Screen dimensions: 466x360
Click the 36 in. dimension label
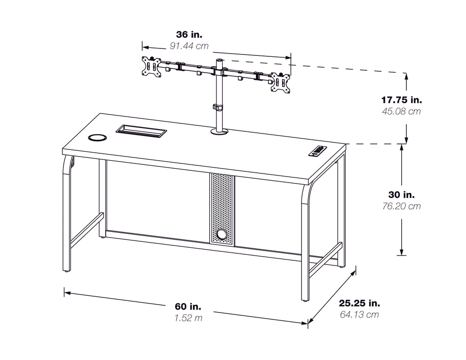tap(189, 34)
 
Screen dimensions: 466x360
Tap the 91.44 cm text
tap(189, 46)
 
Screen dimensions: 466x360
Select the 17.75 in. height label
tap(402, 100)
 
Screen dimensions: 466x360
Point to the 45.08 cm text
tap(401, 111)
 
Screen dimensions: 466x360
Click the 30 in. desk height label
tap(401, 195)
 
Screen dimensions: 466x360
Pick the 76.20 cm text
tap(401, 206)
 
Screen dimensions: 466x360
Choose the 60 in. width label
tap(188, 306)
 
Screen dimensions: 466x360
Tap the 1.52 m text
tap(188, 318)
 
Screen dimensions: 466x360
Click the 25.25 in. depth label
tap(359, 303)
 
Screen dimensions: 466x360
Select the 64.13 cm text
tap(359, 314)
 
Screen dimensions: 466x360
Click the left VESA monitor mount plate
tap(151, 67)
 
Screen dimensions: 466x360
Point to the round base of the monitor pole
tap(219, 131)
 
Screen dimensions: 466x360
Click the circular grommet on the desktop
tap(97, 137)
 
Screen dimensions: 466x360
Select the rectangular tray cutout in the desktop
tap(141, 131)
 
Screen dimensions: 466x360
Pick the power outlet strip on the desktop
tap(318, 150)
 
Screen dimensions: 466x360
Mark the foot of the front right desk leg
tap(305, 301)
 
